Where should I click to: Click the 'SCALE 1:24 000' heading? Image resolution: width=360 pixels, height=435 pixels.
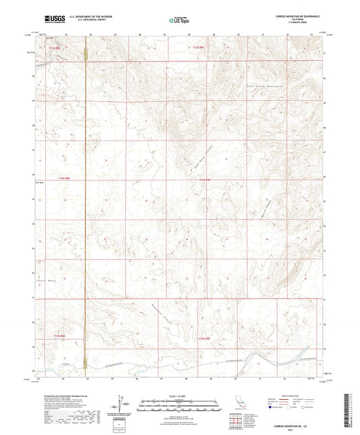point(179,395)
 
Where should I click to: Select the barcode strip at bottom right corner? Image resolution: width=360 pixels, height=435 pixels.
point(349,405)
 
